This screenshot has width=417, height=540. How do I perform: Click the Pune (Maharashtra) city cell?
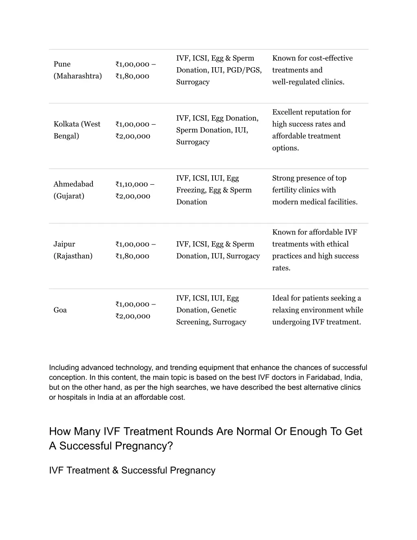77,70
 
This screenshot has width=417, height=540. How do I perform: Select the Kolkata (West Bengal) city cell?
77,130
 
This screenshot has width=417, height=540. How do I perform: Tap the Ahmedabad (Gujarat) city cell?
73,190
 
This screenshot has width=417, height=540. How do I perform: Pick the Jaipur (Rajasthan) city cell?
73,250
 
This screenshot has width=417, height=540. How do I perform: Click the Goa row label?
60,310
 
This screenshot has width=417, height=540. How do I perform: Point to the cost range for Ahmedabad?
135,190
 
